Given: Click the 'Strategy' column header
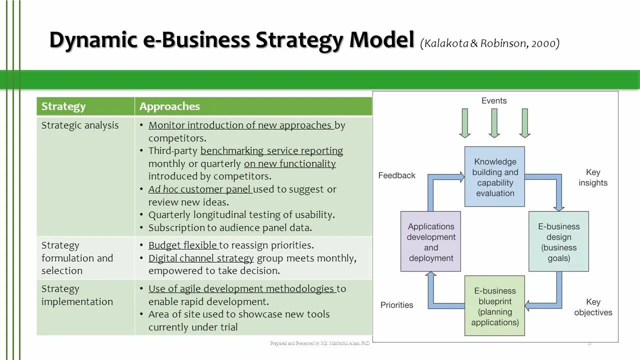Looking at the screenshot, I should pyautogui.click(x=63, y=106).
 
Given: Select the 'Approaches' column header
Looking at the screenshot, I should pyautogui.click(x=169, y=106).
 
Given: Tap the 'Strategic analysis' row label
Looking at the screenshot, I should pyautogui.click(x=80, y=125).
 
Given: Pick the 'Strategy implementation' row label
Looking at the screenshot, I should pyautogui.click(x=77, y=295).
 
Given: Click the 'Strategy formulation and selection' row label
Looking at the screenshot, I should pyautogui.click(x=77, y=258).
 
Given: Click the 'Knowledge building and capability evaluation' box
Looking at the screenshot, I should pyautogui.click(x=494, y=177).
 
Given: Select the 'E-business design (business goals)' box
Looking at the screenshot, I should pyautogui.click(x=558, y=242).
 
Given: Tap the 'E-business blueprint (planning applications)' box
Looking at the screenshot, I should pyautogui.click(x=494, y=306).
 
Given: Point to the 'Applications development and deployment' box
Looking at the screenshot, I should pyautogui.click(x=430, y=242).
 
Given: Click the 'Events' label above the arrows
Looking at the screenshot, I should pyautogui.click(x=494, y=100).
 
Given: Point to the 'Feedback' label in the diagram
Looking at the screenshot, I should pyautogui.click(x=396, y=175).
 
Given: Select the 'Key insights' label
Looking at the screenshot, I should pyautogui.click(x=593, y=177).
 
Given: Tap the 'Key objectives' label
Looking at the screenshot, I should pyautogui.click(x=593, y=307).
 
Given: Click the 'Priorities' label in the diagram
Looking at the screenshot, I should pyautogui.click(x=396, y=305).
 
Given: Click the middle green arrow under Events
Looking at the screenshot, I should pyautogui.click(x=494, y=122).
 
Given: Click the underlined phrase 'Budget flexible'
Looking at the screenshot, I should pyautogui.click(x=183, y=245).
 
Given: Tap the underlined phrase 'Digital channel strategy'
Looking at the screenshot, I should pyautogui.click(x=201, y=258).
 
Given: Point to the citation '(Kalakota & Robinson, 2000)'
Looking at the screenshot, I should pyautogui.click(x=490, y=43).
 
